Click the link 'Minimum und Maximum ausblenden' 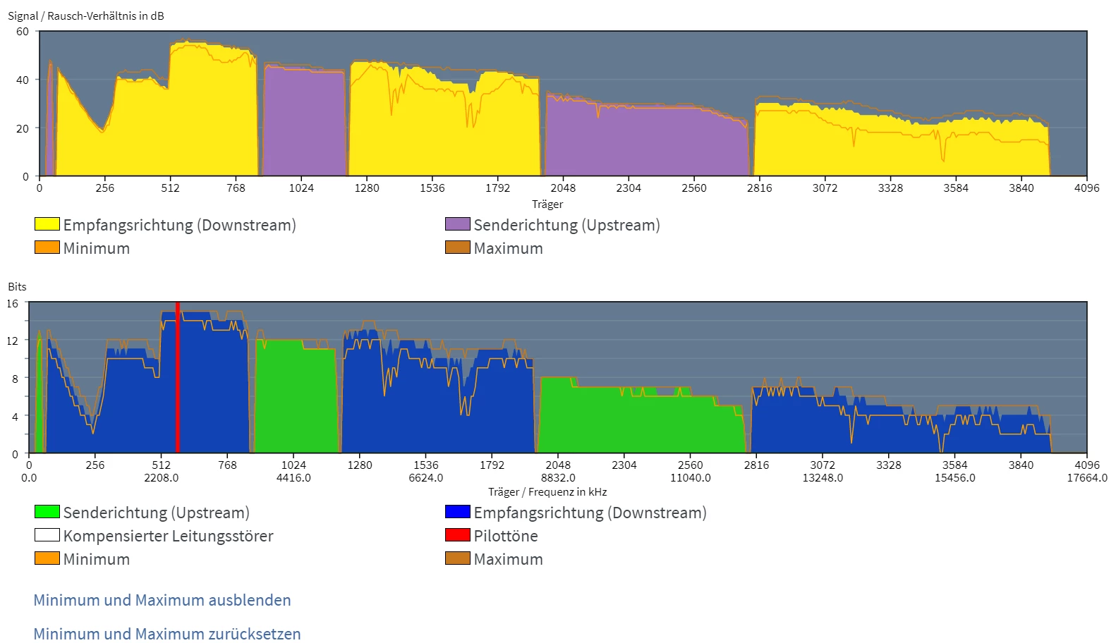pos(162,600)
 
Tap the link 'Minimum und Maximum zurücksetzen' pos(167,634)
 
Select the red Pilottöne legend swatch pos(457,535)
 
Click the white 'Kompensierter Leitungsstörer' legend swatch pos(47,535)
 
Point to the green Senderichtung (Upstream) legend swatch pos(47,512)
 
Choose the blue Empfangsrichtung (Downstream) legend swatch pos(457,512)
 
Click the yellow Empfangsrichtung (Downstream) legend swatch pos(47,224)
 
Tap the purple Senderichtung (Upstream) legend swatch pos(457,224)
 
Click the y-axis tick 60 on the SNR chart pos(23,32)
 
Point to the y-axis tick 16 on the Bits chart pos(13,304)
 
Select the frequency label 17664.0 pos(1087,478)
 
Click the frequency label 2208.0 pos(162,478)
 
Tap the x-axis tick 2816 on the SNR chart pos(759,188)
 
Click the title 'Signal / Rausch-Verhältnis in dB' pos(86,16)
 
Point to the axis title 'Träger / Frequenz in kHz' pos(547,492)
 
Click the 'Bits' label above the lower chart pos(17,287)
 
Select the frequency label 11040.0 pos(690,478)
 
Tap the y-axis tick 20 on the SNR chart pos(23,128)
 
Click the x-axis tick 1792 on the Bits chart pos(492,465)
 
